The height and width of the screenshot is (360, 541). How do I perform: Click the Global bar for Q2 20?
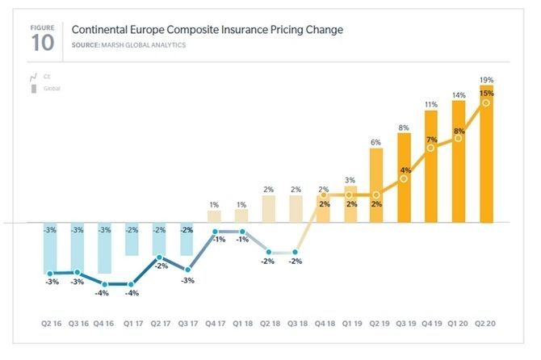pyautogui.click(x=486, y=153)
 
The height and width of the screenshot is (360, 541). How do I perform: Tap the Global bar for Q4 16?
pyautogui.click(x=104, y=248)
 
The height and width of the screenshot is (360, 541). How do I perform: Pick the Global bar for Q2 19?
pyautogui.click(x=376, y=186)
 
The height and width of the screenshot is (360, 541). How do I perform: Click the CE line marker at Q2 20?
pyautogui.click(x=486, y=103)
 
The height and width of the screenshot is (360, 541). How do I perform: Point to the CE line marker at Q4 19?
pyautogui.click(x=431, y=148)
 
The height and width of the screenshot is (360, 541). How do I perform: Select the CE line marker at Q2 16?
pyautogui.click(x=50, y=274)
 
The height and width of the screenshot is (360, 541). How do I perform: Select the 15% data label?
pyautogui.click(x=486, y=94)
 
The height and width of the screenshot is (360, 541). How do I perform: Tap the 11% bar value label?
pyautogui.click(x=431, y=104)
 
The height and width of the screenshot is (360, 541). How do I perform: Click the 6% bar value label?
pyautogui.click(x=376, y=142)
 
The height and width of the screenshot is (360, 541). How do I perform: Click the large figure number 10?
pyautogui.click(x=42, y=43)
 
